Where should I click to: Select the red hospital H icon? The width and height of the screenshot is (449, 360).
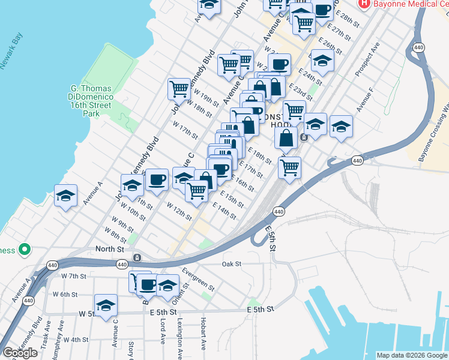364,4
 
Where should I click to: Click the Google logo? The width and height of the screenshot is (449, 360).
20,353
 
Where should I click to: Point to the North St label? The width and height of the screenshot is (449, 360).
109,248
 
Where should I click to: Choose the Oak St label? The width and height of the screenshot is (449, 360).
231,263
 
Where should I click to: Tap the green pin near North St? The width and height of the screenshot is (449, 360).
24,248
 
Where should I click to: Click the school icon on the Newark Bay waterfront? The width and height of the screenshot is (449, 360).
65,196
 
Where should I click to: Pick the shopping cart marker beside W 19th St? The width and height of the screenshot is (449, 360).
179,89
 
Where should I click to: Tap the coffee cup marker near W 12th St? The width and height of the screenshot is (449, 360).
157,179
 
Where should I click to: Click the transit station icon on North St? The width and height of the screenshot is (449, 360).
137,257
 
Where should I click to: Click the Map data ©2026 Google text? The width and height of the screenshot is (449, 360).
412,355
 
